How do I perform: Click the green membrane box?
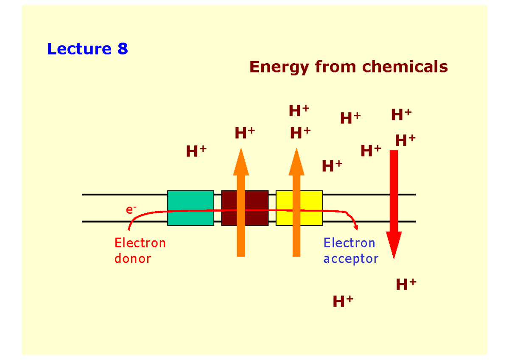(x=190, y=208)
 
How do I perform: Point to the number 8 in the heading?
(x=123, y=49)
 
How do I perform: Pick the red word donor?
(x=132, y=258)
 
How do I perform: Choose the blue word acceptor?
(x=350, y=259)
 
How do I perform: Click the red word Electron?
(x=140, y=243)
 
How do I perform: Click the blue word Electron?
(x=349, y=243)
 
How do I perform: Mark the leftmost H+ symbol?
(x=196, y=151)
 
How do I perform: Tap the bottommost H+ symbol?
(x=343, y=301)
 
